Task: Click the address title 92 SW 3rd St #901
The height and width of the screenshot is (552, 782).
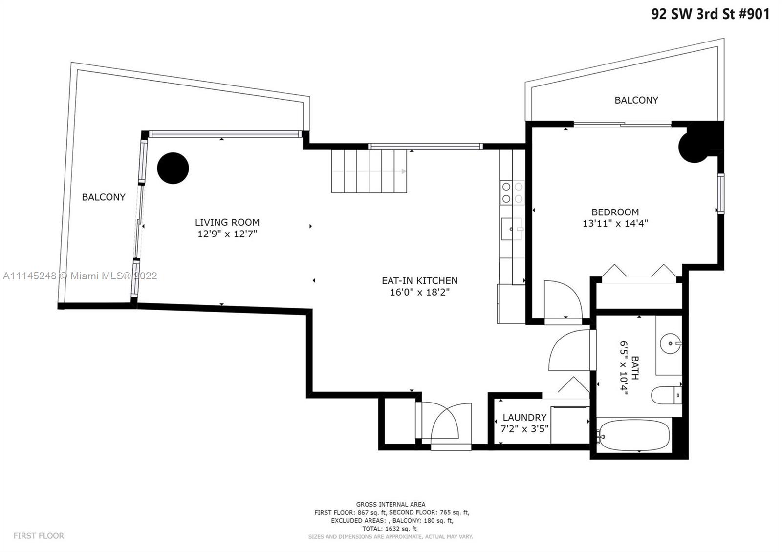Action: coord(711,14)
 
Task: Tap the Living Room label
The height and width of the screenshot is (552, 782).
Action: coord(227,222)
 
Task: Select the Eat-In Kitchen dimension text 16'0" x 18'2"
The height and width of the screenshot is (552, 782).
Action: coord(420,292)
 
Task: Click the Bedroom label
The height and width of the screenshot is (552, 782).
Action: coord(615,212)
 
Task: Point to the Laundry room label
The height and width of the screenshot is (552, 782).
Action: coord(524,417)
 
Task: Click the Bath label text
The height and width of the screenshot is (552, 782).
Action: coord(635,368)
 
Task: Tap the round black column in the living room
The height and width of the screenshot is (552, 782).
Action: coord(173,168)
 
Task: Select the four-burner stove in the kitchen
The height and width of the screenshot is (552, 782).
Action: coord(512,192)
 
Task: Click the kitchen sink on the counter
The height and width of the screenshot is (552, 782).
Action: coord(512,229)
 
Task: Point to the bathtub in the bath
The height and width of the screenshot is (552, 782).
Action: coord(633,435)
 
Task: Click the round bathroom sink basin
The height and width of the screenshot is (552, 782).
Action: coord(670,344)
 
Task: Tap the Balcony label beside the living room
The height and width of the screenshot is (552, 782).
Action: coord(103,197)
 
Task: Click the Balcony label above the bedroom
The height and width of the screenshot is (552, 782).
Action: coord(636,100)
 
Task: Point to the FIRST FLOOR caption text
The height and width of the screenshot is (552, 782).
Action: coord(39,536)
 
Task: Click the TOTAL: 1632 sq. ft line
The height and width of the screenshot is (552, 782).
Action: coord(390,529)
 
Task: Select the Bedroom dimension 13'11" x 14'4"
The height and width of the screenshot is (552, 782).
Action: coord(615,223)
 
